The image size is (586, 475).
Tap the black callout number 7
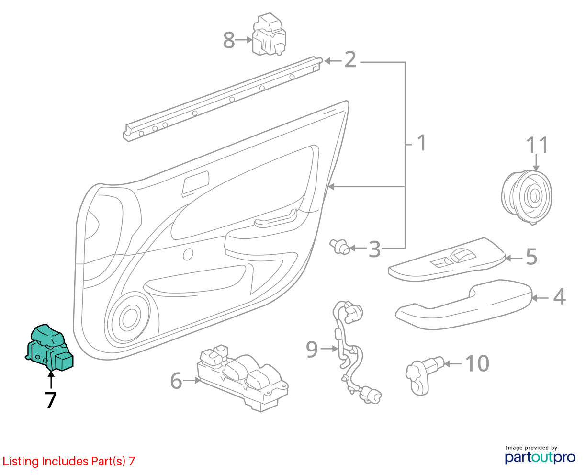tap(51, 400)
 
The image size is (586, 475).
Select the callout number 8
tap(229, 40)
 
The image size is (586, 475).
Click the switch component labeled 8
tap(269, 34)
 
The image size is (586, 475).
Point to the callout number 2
tap(350, 59)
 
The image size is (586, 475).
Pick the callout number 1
tap(422, 143)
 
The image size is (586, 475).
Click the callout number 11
tap(537, 145)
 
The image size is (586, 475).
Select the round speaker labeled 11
tap(527, 198)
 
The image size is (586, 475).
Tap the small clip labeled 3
tap(340, 246)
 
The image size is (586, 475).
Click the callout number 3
tap(374, 249)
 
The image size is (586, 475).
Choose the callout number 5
tap(531, 257)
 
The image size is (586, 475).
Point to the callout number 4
tap(559, 296)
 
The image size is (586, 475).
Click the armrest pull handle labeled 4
tap(463, 305)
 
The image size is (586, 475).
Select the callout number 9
tap(312, 349)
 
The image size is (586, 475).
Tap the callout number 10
tap(477, 363)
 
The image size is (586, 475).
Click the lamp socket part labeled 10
tap(425, 375)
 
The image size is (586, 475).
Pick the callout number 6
tap(176, 381)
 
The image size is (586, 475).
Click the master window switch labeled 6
tap(242, 378)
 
